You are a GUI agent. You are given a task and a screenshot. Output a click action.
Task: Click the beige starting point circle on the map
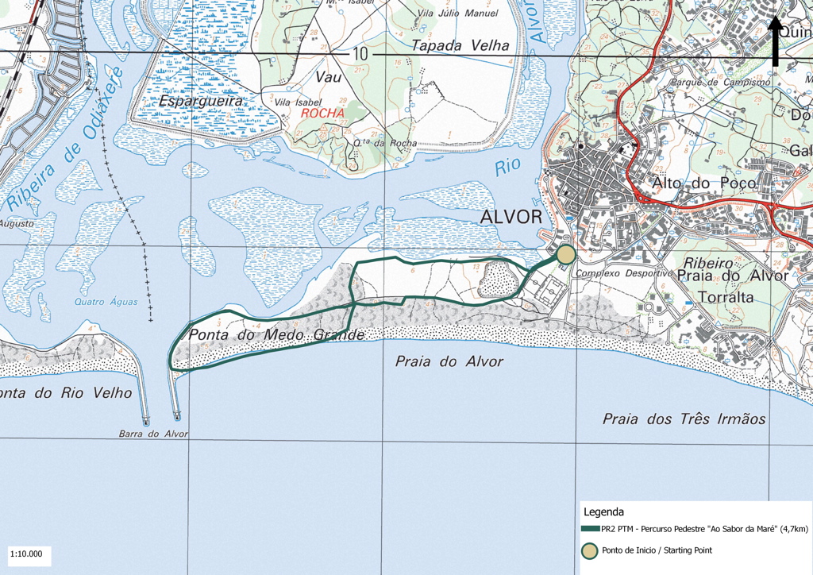pos(565,254)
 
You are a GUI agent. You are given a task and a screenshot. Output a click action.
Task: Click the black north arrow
pos(774,41)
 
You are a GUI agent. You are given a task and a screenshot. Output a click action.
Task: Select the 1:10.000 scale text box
pos(27,554)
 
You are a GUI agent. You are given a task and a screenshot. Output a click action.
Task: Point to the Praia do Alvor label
pos(449,361)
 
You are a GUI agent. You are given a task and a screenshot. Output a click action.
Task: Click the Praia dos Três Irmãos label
pos(684,419)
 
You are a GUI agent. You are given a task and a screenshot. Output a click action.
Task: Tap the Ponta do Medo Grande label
pos(275,335)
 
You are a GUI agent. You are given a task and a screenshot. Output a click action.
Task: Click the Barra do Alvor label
pos(153,434)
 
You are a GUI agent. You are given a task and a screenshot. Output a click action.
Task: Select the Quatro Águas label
pos(106,302)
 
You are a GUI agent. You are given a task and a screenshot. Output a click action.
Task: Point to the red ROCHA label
pos(322,113)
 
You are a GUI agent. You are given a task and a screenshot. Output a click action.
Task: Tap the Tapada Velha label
pos(460,46)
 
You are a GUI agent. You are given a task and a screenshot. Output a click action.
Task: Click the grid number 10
pos(361,54)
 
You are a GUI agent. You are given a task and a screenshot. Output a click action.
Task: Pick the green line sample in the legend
pos(591,528)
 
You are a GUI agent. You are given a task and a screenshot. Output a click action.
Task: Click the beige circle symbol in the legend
pos(591,550)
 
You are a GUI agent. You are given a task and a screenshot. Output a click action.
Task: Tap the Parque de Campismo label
pos(721,82)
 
